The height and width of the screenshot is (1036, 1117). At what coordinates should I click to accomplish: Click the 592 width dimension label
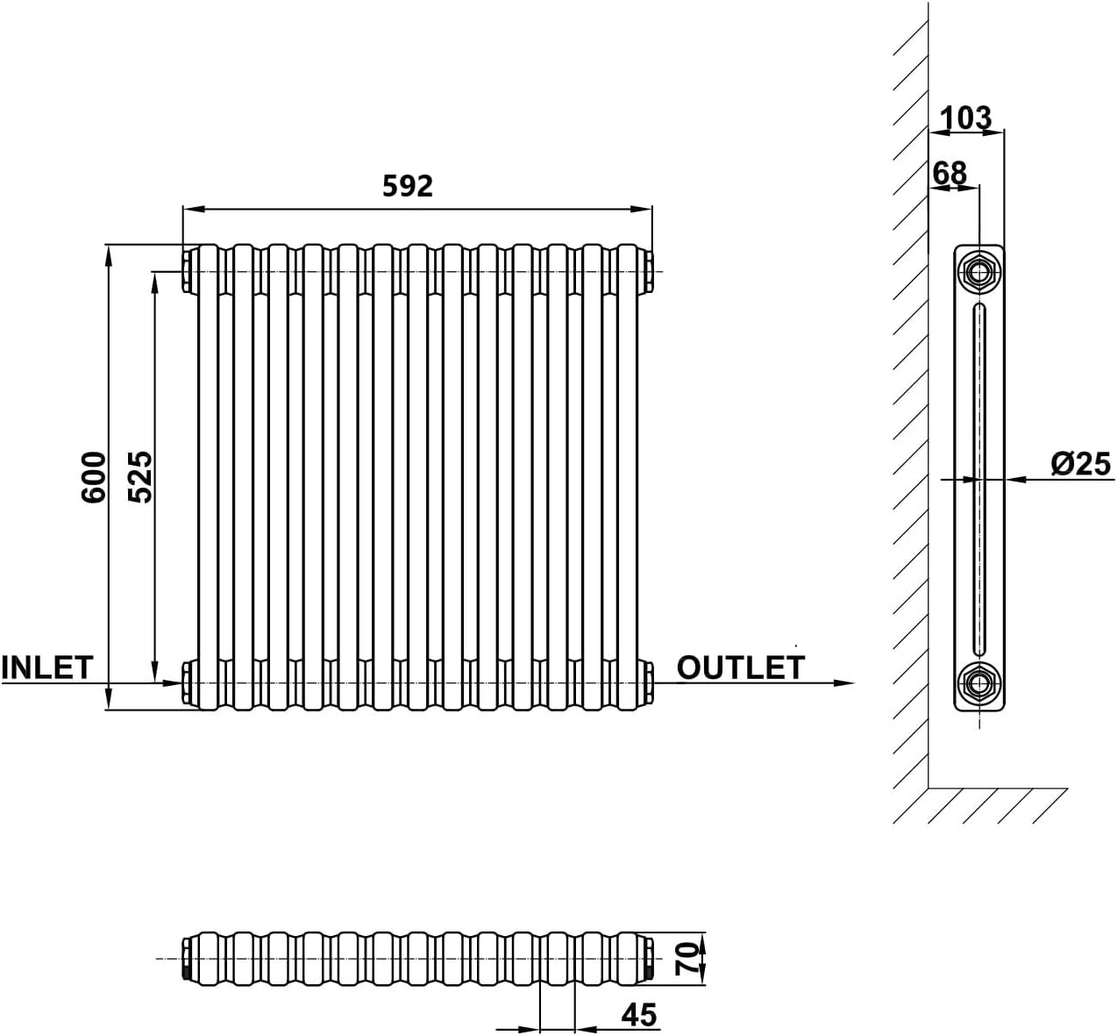pos(408,186)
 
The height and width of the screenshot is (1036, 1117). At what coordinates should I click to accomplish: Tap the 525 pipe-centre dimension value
pos(141,476)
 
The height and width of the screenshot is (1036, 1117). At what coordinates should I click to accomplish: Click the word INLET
pos(46,668)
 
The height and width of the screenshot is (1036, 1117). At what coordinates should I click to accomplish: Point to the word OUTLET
pos(740,668)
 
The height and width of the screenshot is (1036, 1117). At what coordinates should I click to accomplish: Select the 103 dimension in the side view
pos(965,117)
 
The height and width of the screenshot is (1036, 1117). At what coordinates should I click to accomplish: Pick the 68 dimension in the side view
pos(950,173)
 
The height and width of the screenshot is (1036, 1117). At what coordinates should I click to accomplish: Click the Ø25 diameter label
pos(1080,464)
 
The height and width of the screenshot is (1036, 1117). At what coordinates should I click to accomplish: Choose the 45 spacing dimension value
pos(638,1015)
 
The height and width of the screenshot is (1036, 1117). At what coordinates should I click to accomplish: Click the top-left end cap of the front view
pos(188,270)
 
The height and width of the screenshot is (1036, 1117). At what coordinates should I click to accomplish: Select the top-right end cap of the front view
pos(647,270)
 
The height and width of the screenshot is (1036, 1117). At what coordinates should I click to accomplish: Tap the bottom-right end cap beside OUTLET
pos(647,682)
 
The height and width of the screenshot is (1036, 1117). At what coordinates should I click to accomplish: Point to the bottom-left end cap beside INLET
pos(188,682)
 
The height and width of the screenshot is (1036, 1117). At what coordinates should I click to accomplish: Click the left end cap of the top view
pos(187,958)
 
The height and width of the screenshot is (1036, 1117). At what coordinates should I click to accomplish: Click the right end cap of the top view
pos(648,958)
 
